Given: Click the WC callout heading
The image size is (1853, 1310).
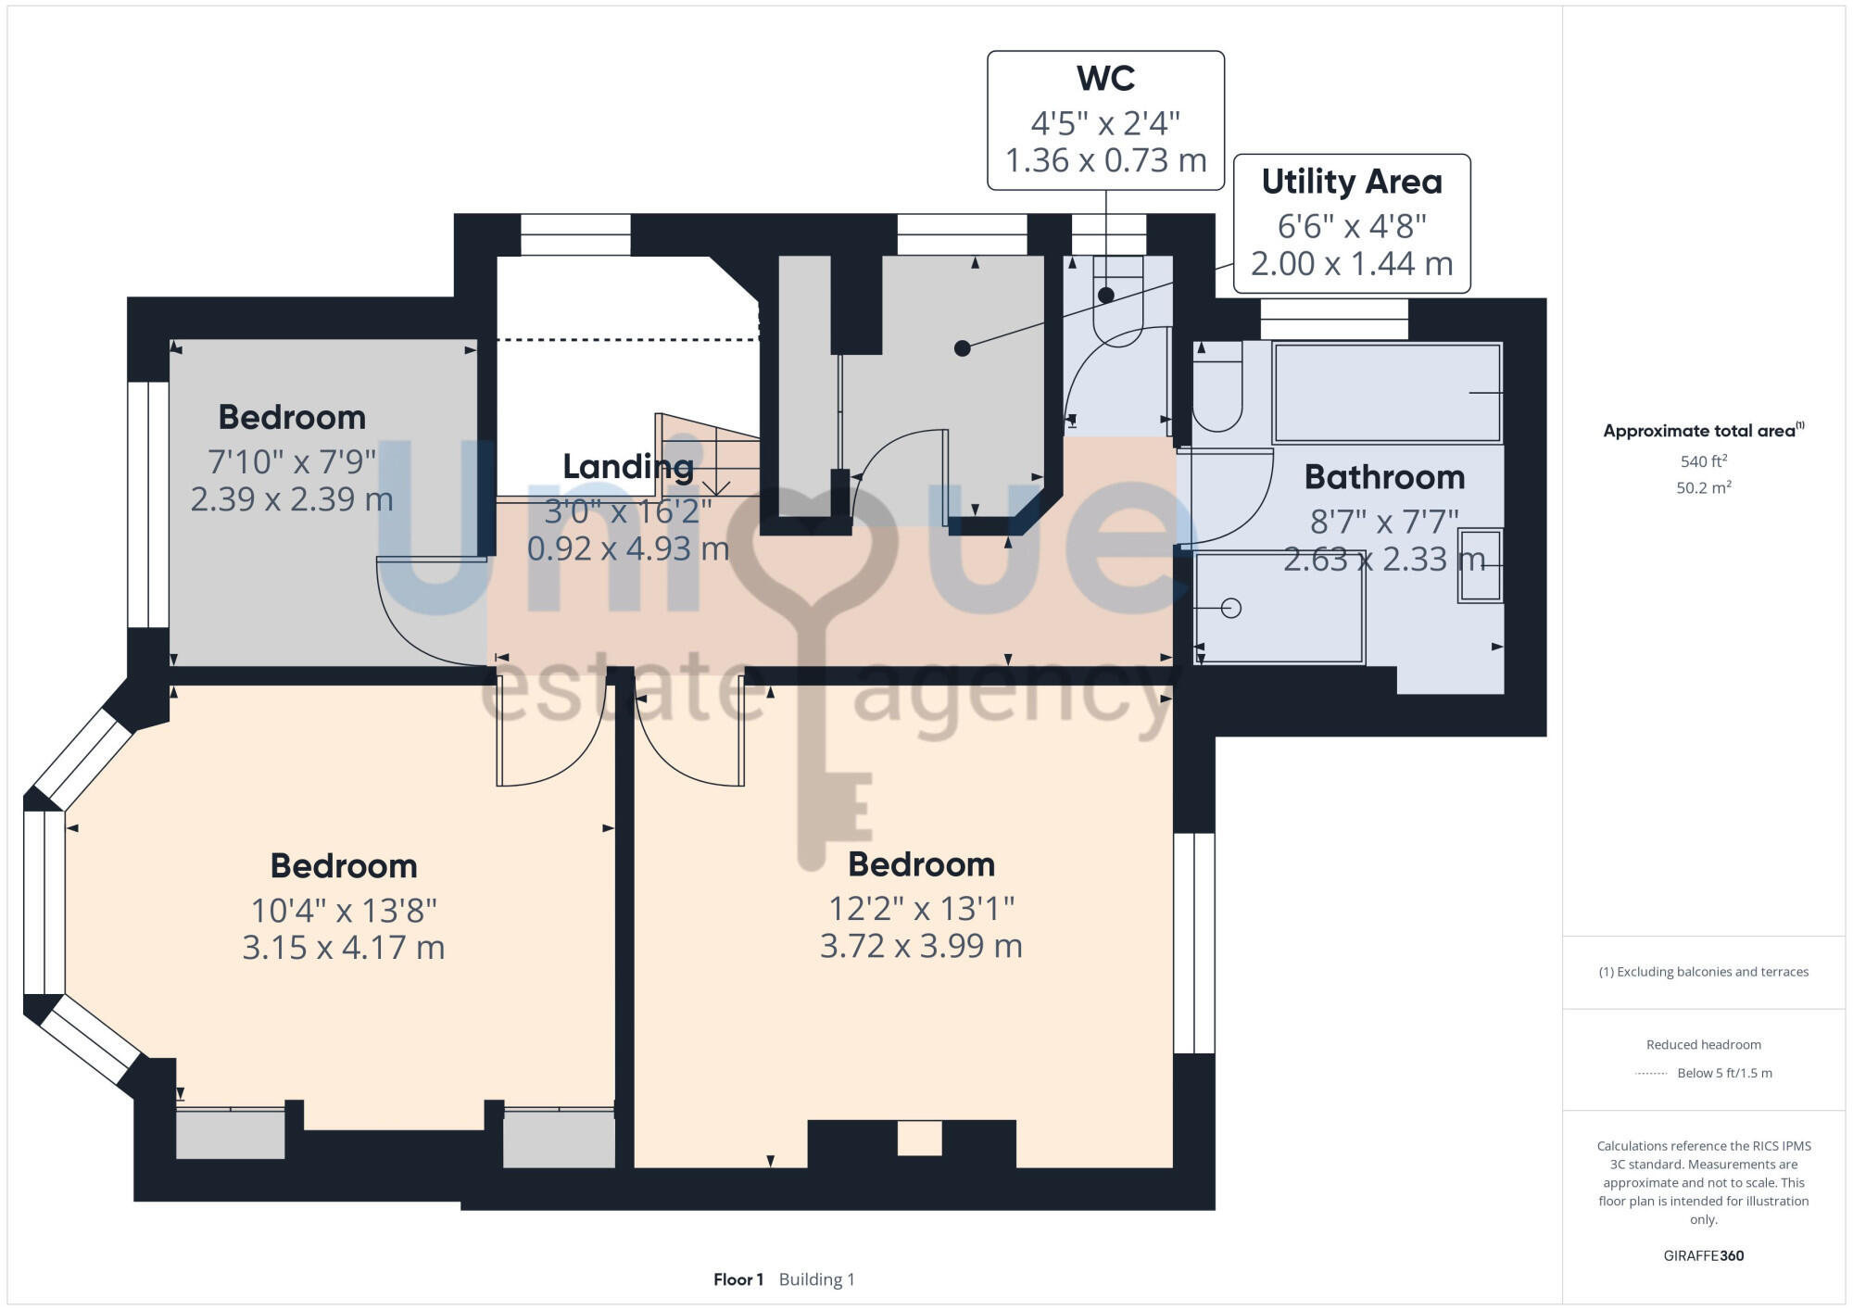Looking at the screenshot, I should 1105,79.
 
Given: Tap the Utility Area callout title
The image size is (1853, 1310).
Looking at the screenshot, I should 1351,182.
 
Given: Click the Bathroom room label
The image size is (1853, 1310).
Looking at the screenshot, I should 1384,477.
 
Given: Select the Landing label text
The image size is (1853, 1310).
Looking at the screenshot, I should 628,467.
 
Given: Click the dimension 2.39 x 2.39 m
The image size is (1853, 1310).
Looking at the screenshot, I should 292,499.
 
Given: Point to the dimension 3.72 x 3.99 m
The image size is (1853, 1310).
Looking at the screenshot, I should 921,946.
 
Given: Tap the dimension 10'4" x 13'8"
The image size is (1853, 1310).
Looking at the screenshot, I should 344,911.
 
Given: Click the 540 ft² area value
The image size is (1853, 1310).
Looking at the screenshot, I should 1703,461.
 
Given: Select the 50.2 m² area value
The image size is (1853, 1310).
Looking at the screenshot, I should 1703,488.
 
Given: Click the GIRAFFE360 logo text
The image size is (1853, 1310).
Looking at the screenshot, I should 1703,1255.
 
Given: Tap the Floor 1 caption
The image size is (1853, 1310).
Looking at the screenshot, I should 738,1279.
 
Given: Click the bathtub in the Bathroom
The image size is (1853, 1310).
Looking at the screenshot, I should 1386,393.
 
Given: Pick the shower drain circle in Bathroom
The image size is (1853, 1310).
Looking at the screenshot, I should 1231,609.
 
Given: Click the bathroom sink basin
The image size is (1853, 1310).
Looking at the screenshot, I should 1480,565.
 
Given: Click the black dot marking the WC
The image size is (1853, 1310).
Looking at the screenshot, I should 1105,296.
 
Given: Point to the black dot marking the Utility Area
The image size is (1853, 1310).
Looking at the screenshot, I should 963,348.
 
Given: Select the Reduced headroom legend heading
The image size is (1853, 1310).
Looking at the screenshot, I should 1703,1044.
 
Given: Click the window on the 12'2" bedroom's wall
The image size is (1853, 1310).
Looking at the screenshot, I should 1193,943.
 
